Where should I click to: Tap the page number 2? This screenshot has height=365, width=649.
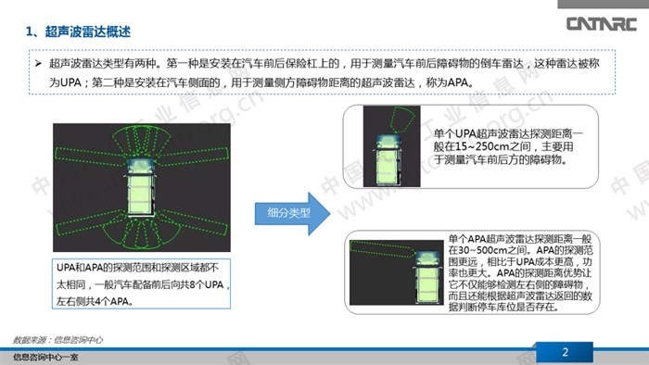(x=564, y=351)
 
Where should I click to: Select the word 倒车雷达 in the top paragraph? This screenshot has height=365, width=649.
(x=492, y=65)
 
